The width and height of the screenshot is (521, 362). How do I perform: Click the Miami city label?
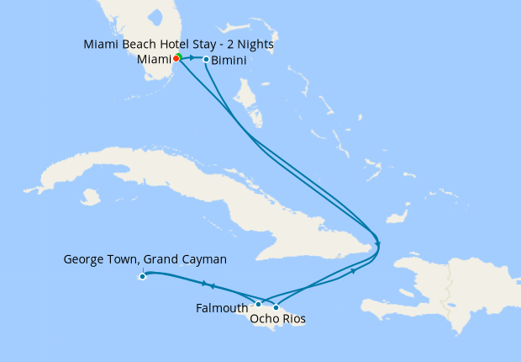[154, 60]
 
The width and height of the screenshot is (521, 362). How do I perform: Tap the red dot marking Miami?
[176, 59]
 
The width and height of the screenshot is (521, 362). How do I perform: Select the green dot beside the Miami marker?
[179, 56]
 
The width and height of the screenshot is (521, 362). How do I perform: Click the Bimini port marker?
[207, 59]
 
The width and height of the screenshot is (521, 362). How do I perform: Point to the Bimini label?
[229, 61]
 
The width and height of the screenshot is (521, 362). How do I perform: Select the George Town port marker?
[143, 276]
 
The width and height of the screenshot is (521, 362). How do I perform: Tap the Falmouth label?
[222, 308]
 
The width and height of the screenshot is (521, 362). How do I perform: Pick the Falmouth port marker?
[259, 304]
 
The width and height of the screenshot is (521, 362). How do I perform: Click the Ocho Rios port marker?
[276, 307]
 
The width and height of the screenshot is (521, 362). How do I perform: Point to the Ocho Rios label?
[277, 320]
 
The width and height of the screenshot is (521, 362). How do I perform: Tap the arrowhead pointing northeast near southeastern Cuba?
[353, 271]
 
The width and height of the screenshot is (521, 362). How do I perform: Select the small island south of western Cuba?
[89, 197]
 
